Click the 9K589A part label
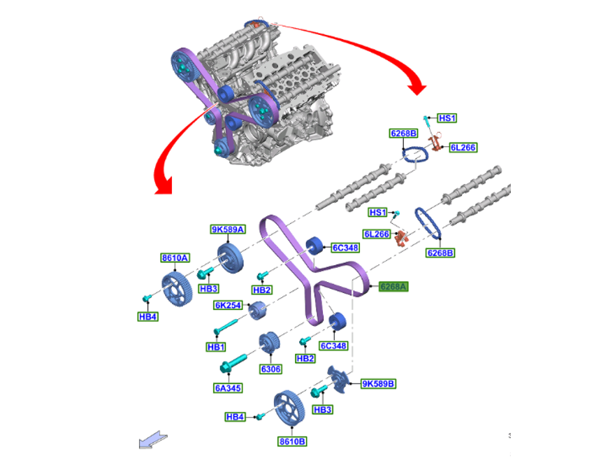pyautogui.click(x=228, y=229)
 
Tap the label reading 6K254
pyautogui.click(x=229, y=305)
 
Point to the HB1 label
pyautogui.click(x=216, y=347)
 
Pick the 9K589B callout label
pyautogui.click(x=378, y=383)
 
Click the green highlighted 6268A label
pyautogui.click(x=393, y=286)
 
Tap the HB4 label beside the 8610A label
pyautogui.click(x=147, y=317)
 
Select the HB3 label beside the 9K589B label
pyautogui.click(x=322, y=410)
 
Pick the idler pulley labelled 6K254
pyautogui.click(x=258, y=309)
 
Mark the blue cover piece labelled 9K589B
pyautogui.click(x=341, y=381)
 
